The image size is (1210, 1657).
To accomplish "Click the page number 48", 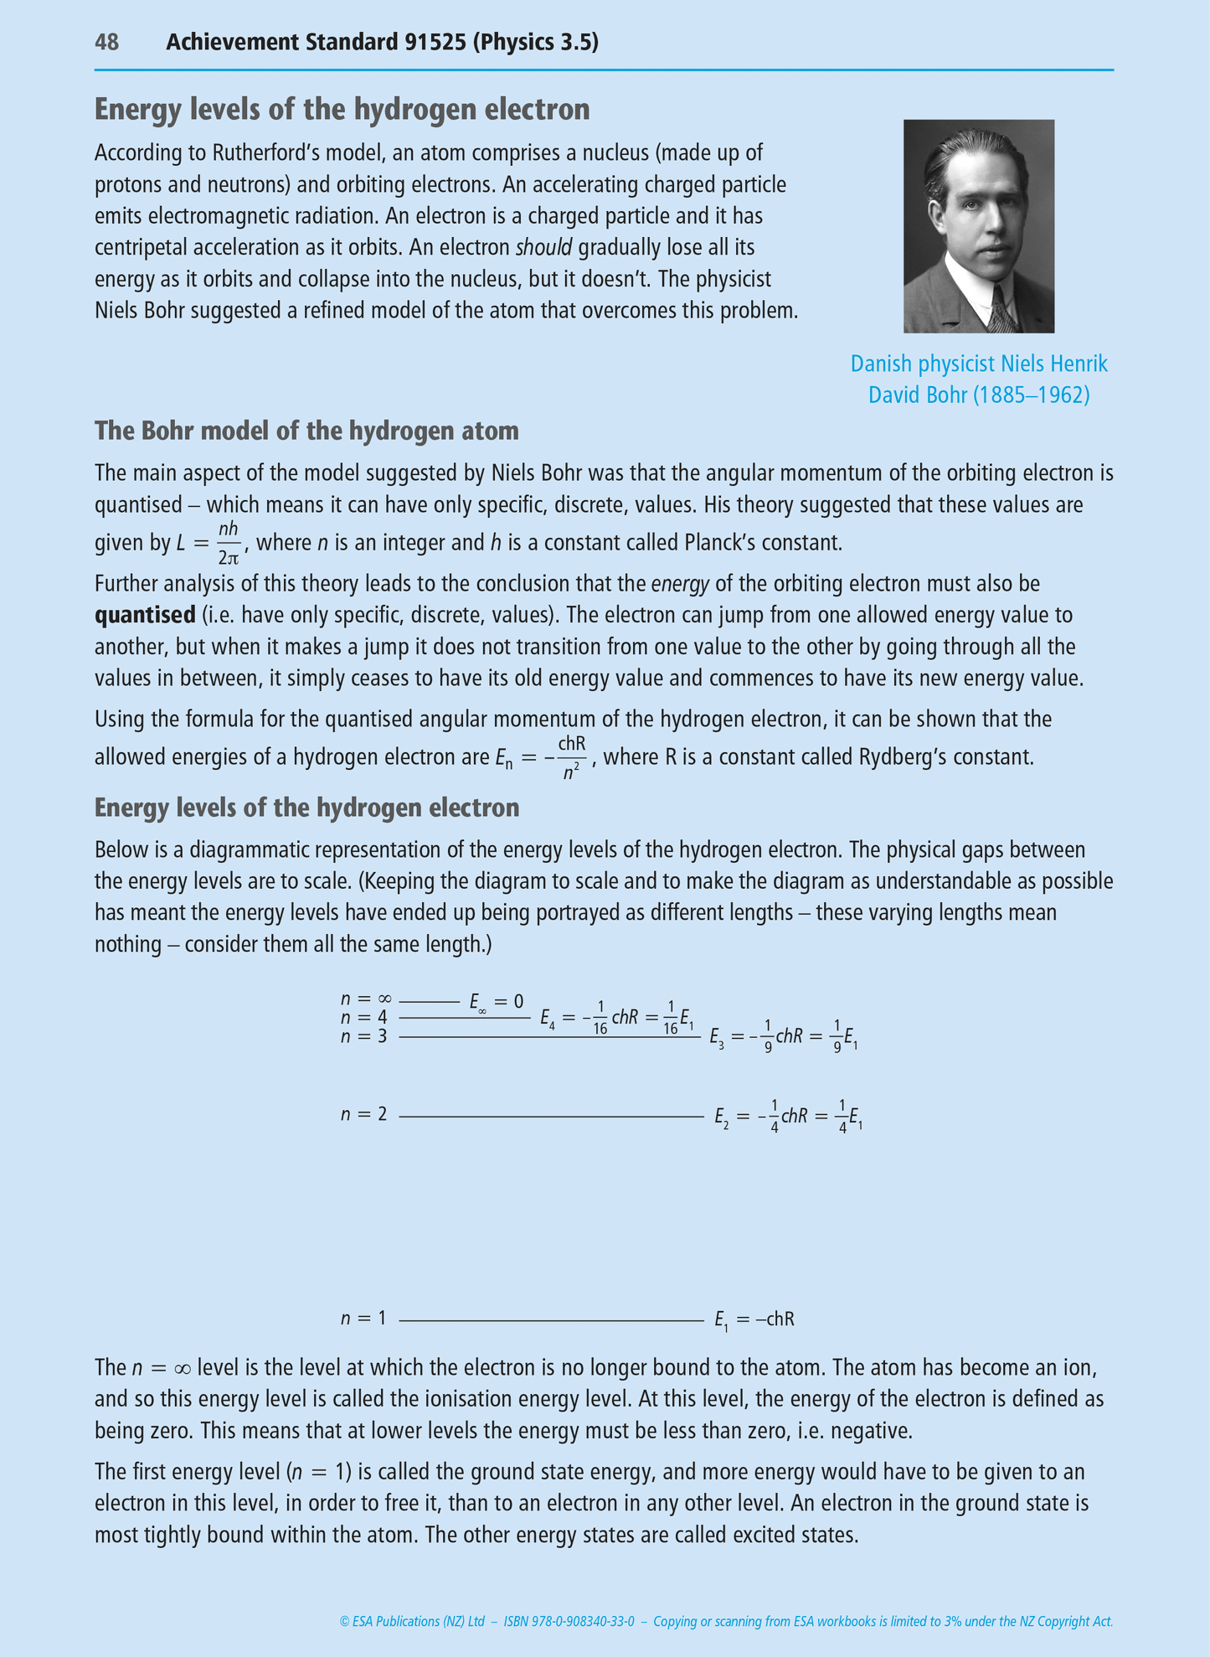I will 106,42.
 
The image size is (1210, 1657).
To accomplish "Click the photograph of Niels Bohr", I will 978,225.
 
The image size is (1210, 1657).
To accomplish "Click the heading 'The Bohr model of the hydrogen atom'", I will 306,431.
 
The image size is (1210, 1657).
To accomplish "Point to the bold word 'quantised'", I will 145,615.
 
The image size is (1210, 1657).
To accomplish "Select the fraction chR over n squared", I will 572,757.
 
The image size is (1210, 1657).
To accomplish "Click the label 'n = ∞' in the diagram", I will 366,999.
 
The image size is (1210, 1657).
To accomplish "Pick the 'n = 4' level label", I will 364,1017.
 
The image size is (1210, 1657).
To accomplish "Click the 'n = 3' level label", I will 364,1036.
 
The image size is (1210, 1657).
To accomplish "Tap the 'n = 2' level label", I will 364,1114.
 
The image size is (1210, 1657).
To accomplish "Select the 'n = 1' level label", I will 364,1318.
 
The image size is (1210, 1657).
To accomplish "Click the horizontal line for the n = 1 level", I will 551,1321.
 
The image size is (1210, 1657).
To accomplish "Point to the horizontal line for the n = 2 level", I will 551,1117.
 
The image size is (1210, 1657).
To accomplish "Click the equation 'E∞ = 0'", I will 496,1002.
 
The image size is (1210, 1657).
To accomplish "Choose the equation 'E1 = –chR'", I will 754,1319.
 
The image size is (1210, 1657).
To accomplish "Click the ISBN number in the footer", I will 569,1621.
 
